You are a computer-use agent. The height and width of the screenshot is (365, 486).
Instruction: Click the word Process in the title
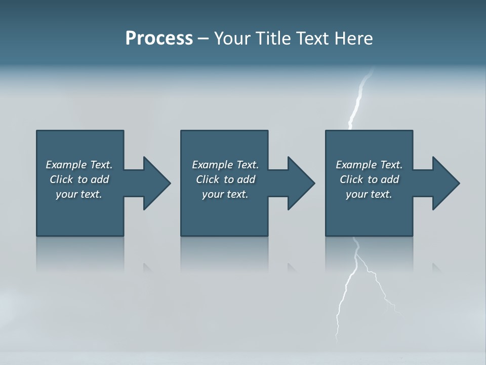click(x=159, y=39)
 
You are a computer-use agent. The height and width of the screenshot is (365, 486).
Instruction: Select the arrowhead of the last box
click(x=445, y=183)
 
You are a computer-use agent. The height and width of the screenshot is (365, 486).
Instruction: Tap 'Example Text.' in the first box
click(x=79, y=165)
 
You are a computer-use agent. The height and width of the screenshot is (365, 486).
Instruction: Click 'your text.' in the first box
click(x=79, y=194)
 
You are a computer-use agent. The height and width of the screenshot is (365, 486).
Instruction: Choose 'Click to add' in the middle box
click(x=225, y=179)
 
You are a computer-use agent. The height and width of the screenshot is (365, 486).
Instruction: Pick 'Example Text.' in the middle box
click(x=225, y=165)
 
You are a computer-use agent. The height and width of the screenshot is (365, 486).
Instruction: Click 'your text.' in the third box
click(x=369, y=194)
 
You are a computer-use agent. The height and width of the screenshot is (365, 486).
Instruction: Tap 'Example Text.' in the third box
click(x=369, y=165)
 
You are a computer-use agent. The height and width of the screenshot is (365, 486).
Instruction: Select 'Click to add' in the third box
click(x=369, y=179)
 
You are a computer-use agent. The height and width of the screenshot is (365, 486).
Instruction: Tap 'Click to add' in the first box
click(x=79, y=179)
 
